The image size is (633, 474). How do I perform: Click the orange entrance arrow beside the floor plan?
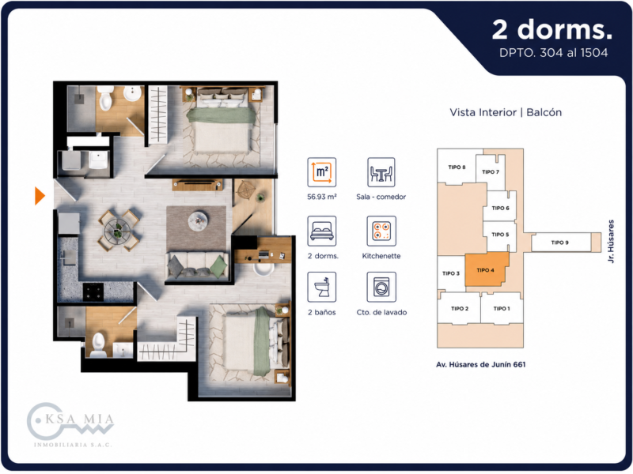pyautogui.click(x=39, y=196)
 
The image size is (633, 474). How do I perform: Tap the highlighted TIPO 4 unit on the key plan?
pyautogui.click(x=486, y=269)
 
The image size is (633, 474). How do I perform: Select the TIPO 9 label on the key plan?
pyautogui.click(x=559, y=243)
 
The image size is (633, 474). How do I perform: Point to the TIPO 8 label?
pyautogui.click(x=457, y=167)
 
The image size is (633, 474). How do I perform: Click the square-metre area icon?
pyautogui.click(x=322, y=172)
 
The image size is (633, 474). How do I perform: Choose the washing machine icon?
pyautogui.click(x=381, y=287)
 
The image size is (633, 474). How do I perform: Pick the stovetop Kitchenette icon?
pyautogui.click(x=381, y=231)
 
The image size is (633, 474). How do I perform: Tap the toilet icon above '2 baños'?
pyautogui.click(x=322, y=287)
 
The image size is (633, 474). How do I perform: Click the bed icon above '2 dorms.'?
pyautogui.click(x=322, y=231)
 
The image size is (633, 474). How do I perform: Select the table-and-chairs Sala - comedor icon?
pyautogui.click(x=381, y=172)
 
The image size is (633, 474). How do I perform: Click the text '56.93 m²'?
pyautogui.click(x=322, y=197)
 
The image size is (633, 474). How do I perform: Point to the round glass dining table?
pyautogui.click(x=117, y=231)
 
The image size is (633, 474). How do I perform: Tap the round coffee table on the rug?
pyautogui.click(x=198, y=220)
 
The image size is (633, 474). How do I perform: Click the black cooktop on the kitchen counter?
pyautogui.click(x=93, y=292)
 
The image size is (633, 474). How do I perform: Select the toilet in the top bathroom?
pyautogui.click(x=105, y=98)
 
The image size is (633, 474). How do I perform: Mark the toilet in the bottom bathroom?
pyautogui.click(x=98, y=345)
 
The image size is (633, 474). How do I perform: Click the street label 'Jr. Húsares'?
pyautogui.click(x=611, y=241)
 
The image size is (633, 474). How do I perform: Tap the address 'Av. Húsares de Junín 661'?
pyautogui.click(x=481, y=364)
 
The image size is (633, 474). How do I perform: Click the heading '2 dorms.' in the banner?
pyautogui.click(x=552, y=30)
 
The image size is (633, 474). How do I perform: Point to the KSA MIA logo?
pyautogui.click(x=70, y=424)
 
